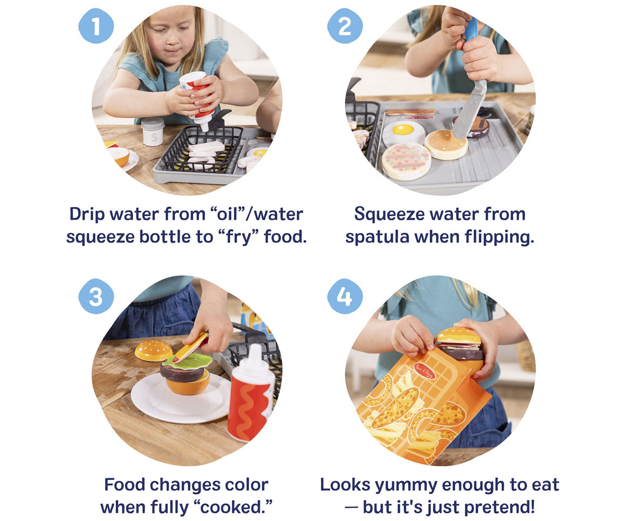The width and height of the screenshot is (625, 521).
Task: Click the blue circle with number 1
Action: click(x=96, y=26)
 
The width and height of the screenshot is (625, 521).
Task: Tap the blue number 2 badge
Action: click(x=345, y=26)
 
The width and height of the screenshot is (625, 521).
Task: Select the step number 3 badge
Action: click(x=96, y=296)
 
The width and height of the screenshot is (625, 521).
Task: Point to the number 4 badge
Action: click(x=345, y=296)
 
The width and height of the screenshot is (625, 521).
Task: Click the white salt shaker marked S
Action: click(x=153, y=132)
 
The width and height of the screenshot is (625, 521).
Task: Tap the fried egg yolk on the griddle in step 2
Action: click(x=403, y=130)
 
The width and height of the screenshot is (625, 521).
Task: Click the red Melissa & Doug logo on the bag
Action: click(x=425, y=371)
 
